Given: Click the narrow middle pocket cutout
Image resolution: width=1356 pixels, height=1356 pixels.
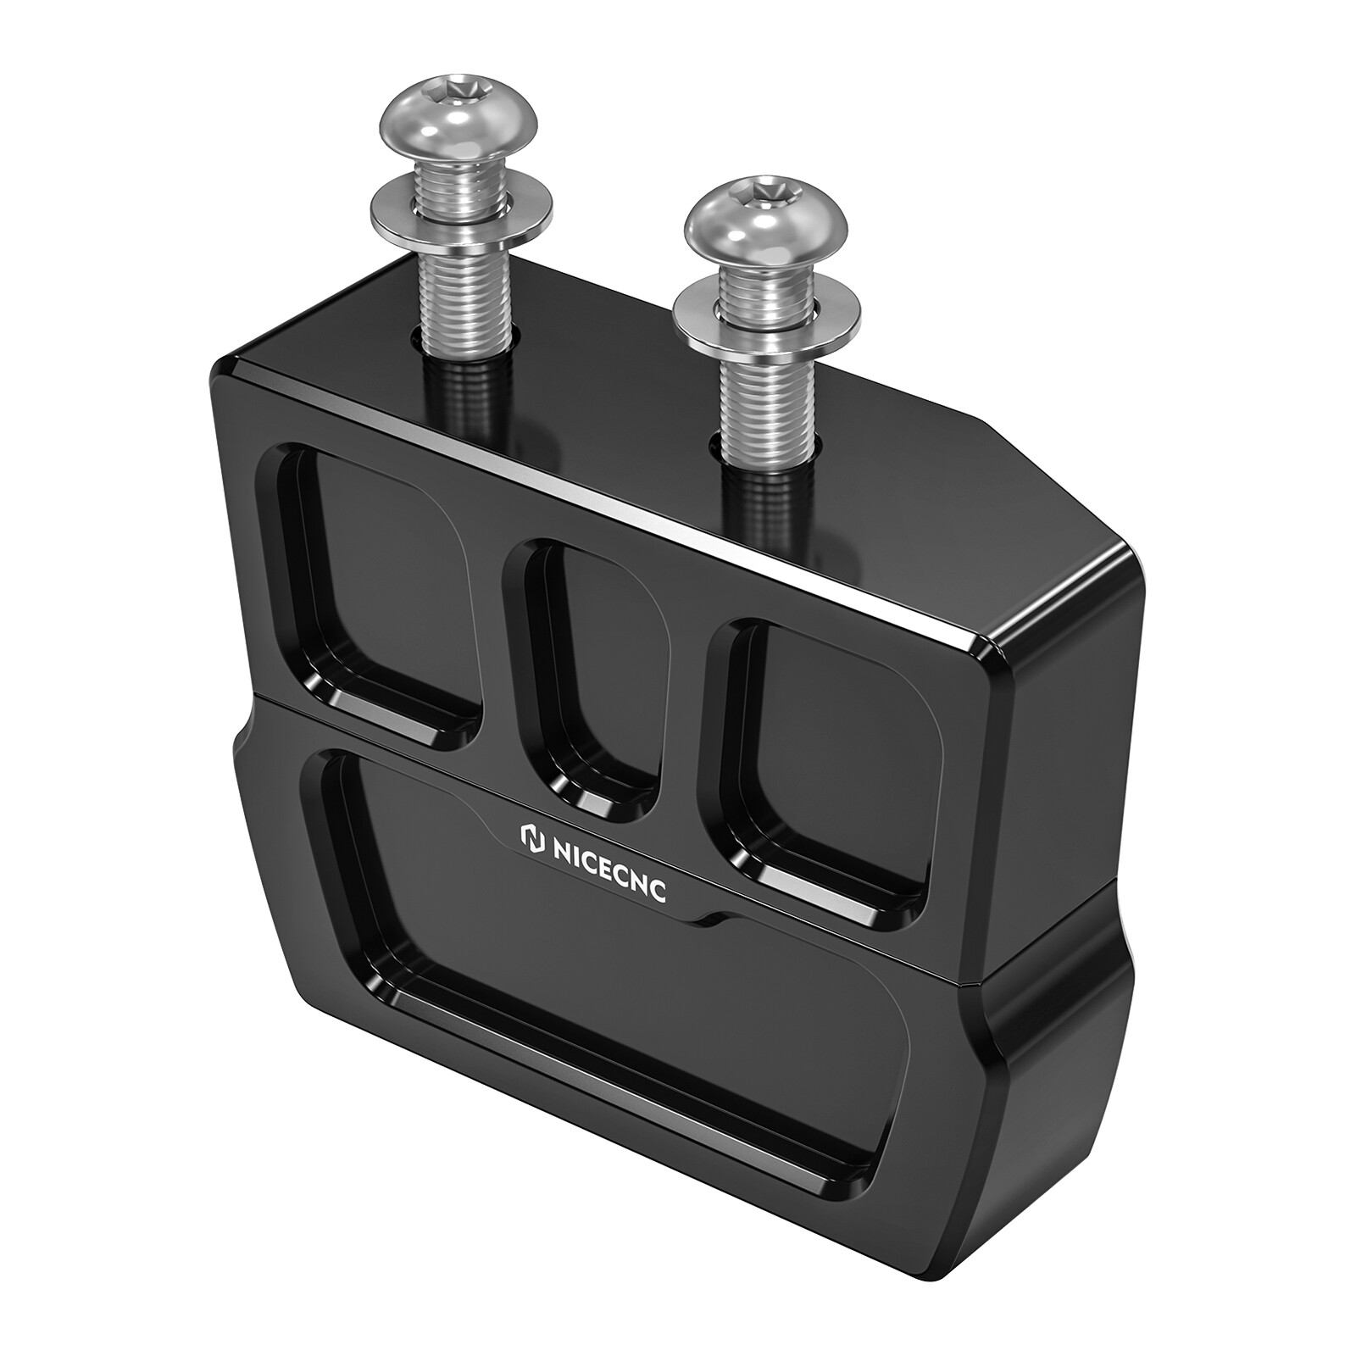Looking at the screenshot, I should (x=585, y=670).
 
